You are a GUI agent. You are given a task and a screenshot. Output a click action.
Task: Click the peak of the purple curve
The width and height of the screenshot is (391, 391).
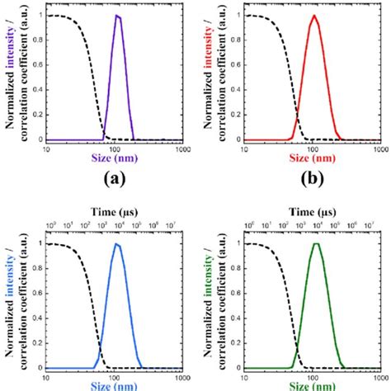click(x=117, y=16)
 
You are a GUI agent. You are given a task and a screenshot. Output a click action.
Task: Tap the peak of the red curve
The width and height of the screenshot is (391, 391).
click(x=313, y=16)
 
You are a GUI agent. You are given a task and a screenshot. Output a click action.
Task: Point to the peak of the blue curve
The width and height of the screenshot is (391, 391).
click(x=117, y=244)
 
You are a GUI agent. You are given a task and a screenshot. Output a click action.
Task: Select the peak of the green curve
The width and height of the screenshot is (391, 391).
click(x=314, y=244)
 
